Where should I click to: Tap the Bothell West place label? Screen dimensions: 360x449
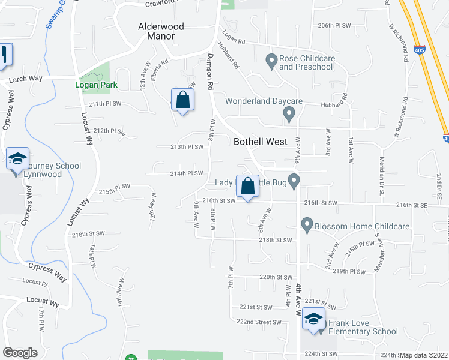[x=260, y=142]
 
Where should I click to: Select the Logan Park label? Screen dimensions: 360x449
[x=96, y=85]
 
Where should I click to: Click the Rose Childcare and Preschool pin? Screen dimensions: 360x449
[x=271, y=59]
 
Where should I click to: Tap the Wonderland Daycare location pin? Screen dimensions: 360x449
[x=290, y=113]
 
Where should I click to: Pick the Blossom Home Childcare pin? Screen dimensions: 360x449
[x=307, y=226]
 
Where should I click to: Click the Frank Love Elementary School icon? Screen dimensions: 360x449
[x=313, y=318]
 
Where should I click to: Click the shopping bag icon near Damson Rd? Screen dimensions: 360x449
[x=182, y=100]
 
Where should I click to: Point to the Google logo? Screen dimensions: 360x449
[x=20, y=353]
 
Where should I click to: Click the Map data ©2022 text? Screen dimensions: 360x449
[x=423, y=355]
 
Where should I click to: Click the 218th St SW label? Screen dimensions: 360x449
[x=275, y=240]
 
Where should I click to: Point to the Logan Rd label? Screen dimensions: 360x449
[x=234, y=40]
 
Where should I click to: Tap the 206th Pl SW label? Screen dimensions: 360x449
[x=333, y=26]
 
